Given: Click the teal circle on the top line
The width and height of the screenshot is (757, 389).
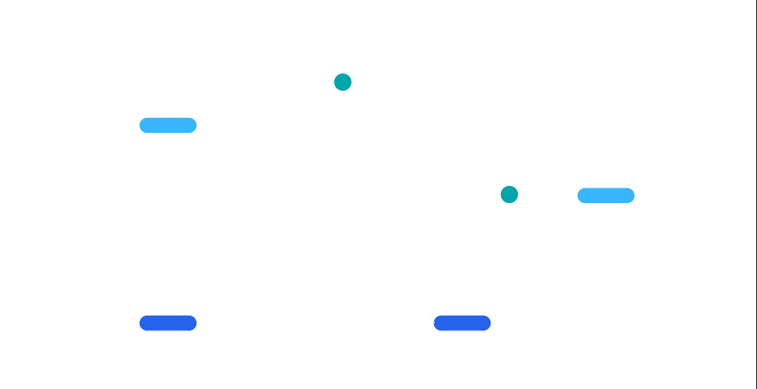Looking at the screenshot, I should [343, 82].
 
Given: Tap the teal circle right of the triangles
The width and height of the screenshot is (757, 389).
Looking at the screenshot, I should [509, 194].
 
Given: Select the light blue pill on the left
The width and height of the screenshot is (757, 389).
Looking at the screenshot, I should [168, 125].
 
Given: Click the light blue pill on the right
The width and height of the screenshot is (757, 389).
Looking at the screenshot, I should [606, 196].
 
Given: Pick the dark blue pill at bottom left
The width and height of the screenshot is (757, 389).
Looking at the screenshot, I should [168, 323].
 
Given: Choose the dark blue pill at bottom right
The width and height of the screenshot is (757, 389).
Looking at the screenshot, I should [462, 323].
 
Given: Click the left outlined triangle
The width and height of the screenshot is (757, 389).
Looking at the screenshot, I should [344, 194].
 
